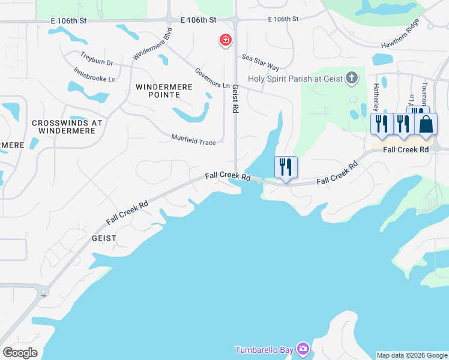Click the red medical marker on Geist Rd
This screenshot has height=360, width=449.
(226, 40)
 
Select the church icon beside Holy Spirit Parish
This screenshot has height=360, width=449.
(352, 77)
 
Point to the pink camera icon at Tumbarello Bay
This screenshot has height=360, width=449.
(303, 349)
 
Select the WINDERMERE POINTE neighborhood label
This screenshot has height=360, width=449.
(164, 91)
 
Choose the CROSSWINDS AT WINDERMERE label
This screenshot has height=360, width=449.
(67, 127)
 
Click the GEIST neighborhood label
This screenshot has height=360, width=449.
(103, 238)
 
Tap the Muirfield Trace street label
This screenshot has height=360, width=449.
(193, 139)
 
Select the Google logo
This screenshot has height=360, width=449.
(20, 353)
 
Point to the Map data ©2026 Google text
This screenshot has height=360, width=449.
(412, 355)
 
